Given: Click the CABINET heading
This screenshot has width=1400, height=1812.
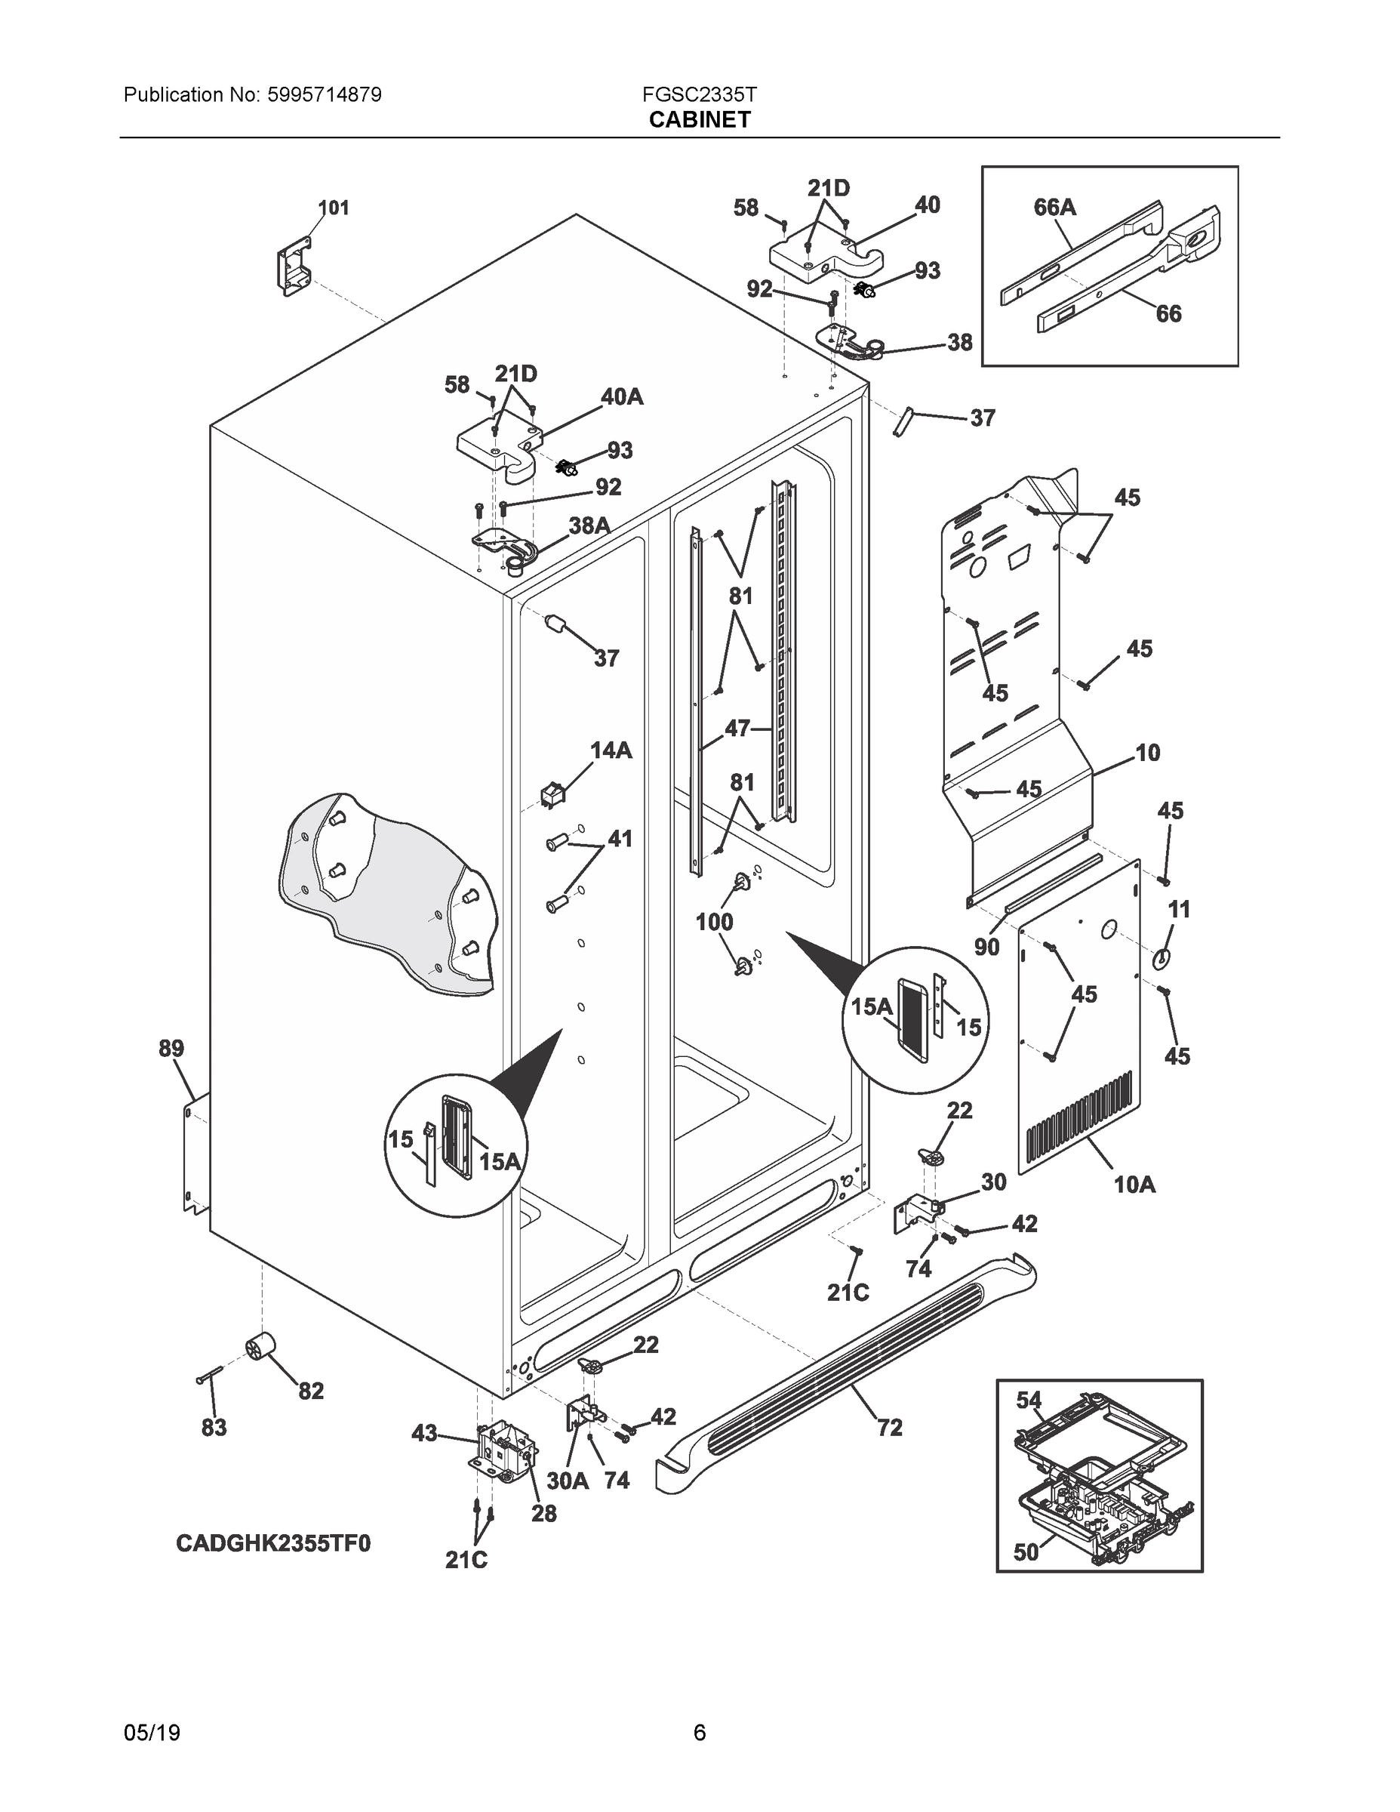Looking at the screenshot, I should (x=699, y=119).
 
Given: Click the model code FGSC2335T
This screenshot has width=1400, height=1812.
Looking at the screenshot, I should (x=699, y=94).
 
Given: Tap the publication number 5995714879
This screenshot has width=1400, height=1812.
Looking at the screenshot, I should (x=325, y=94).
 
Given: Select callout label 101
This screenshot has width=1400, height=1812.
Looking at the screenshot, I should (x=334, y=208).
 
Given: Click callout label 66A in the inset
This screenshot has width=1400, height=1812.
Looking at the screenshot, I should (x=1054, y=207).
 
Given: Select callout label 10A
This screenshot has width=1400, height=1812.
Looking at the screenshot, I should (x=1134, y=1184).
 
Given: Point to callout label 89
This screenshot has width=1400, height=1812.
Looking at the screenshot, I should (x=171, y=1048).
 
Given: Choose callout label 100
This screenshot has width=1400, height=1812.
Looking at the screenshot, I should (x=714, y=922).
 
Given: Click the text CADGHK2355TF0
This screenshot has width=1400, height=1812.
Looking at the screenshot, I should (x=273, y=1543).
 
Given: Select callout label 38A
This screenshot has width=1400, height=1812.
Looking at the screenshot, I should (x=589, y=525).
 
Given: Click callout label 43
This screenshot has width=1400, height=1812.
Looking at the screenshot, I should (x=424, y=1432).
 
